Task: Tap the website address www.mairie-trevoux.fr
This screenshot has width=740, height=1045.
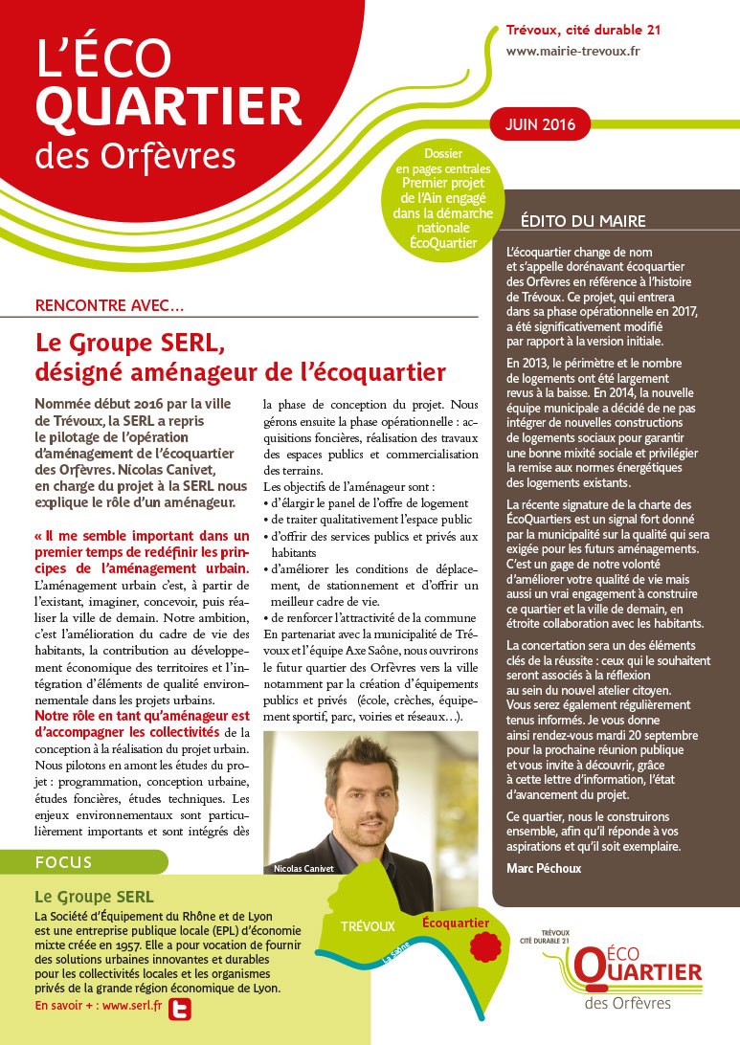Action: pyautogui.click(x=572, y=52)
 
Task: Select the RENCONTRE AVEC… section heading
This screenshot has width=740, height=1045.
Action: pyautogui.click(x=109, y=306)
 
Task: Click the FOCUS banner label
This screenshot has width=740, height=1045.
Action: pyautogui.click(x=63, y=862)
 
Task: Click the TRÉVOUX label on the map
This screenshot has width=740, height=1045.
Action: pyautogui.click(x=368, y=926)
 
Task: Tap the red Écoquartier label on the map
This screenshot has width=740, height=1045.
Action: pyautogui.click(x=455, y=923)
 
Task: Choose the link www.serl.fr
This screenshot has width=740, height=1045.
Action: pyautogui.click(x=130, y=1007)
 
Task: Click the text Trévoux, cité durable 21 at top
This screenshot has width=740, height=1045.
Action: pyautogui.click(x=583, y=30)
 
